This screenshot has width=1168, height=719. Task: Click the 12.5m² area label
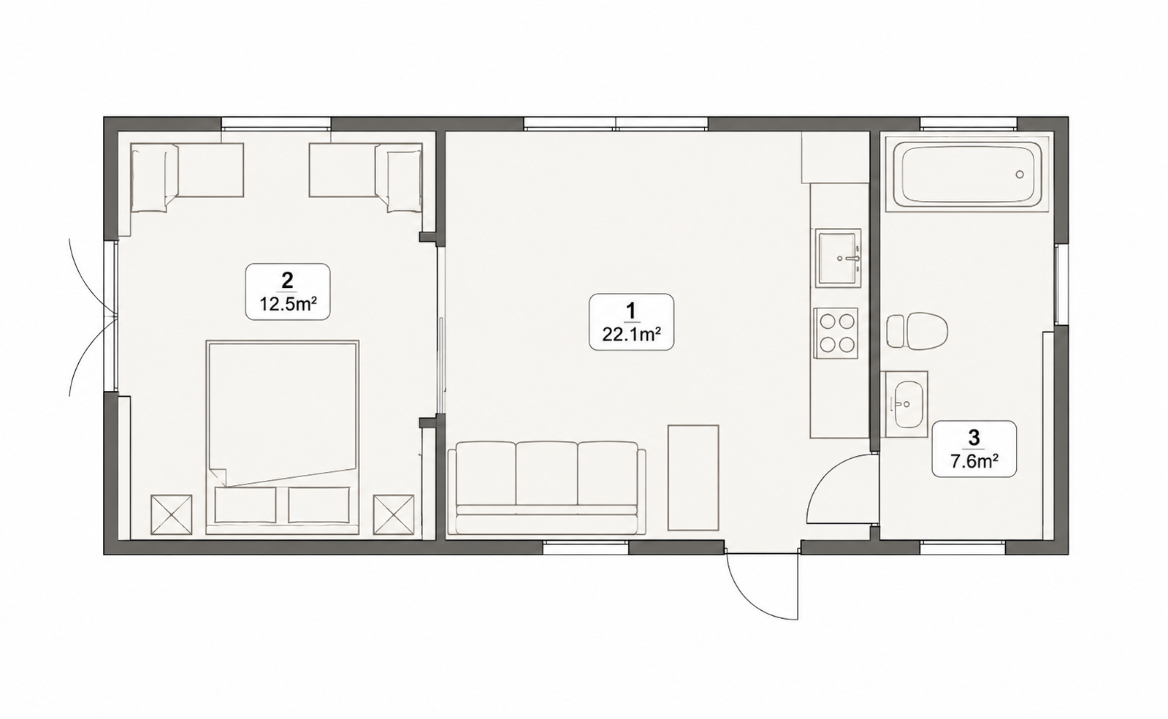(289, 304)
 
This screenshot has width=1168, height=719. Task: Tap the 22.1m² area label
(631, 335)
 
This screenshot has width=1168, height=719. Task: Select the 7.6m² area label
(974, 462)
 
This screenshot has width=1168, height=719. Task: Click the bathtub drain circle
(1020, 175)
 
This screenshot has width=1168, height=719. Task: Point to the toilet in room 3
(917, 332)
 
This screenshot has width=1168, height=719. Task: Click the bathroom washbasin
(906, 404)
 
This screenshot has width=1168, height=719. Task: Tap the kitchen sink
(839, 257)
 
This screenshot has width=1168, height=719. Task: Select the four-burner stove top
(836, 332)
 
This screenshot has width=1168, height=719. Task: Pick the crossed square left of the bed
(171, 514)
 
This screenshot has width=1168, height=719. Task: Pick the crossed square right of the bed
(394, 514)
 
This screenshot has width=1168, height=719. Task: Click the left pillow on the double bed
(245, 505)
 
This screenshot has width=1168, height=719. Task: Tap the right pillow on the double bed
(319, 505)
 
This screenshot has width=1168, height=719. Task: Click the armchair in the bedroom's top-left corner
(154, 178)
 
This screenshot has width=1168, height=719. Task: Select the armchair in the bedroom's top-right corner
(399, 178)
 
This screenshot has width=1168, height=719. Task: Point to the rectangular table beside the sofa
(693, 477)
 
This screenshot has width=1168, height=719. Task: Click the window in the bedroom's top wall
(276, 123)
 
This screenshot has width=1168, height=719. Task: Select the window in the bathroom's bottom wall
(963, 547)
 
